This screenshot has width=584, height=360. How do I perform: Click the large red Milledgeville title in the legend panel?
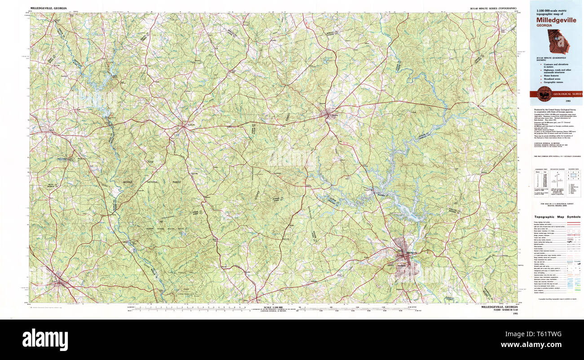pyautogui.click(x=556, y=20)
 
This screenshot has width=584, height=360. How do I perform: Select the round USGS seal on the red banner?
pyautogui.click(x=544, y=94)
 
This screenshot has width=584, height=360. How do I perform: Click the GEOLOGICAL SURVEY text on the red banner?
pyautogui.click(x=567, y=94)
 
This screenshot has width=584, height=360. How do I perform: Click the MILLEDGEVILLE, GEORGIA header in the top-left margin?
pyautogui.click(x=48, y=9)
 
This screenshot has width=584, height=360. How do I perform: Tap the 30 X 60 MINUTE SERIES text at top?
pyautogui.click(x=493, y=9)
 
